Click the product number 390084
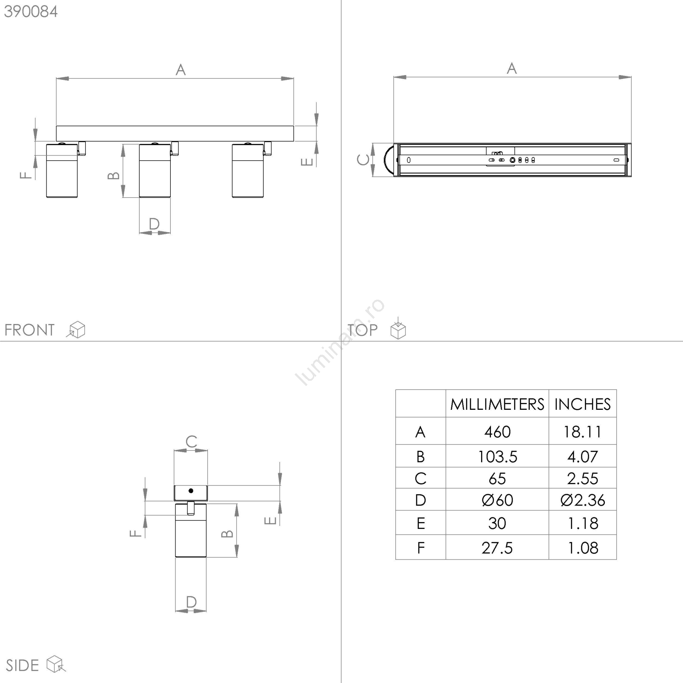(x=31, y=12)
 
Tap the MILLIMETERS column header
(x=497, y=404)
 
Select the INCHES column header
(x=583, y=404)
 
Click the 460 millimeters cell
(x=497, y=432)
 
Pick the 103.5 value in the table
(x=497, y=457)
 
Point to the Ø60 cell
(x=497, y=500)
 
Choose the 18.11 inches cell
(x=583, y=432)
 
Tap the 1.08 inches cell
(x=583, y=548)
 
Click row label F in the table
(x=421, y=548)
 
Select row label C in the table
(x=420, y=479)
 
